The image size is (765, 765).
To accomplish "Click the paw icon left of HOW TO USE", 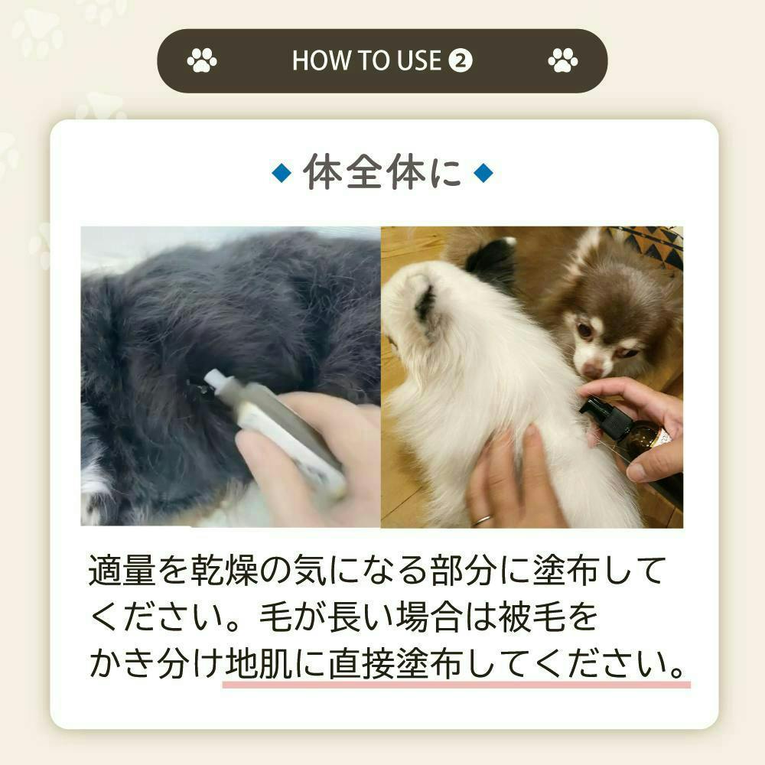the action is click(201, 60).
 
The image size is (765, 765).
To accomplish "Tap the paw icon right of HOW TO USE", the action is click(562, 60).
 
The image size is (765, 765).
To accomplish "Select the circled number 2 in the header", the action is click(460, 61).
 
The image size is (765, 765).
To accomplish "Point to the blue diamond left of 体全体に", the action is click(282, 173).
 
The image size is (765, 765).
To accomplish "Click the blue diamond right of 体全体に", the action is click(483, 173).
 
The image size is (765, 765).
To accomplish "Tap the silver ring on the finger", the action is click(482, 520).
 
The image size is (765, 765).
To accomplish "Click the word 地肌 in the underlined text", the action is click(259, 663).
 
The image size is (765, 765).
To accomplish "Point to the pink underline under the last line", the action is click(456, 685).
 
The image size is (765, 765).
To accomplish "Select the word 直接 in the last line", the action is click(361, 663).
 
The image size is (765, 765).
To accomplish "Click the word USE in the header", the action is click(418, 60).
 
